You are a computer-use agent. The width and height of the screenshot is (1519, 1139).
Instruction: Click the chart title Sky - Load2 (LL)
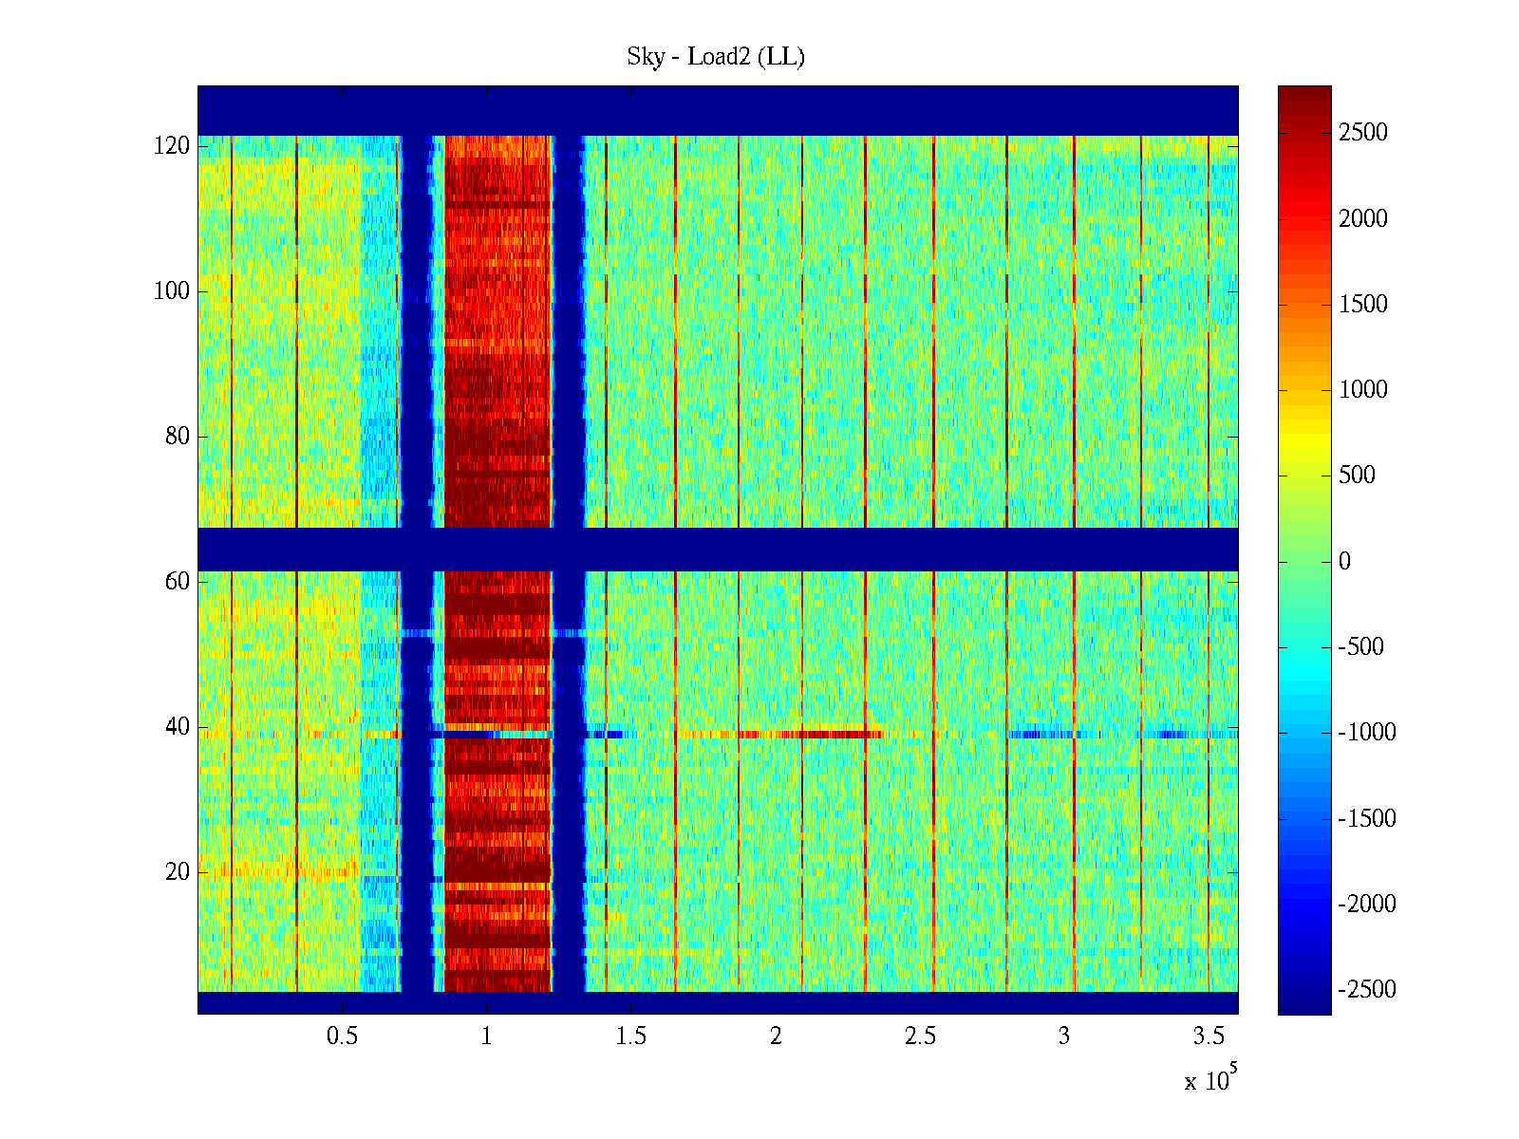click(716, 57)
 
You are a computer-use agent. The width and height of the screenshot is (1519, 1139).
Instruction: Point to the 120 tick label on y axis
click(172, 146)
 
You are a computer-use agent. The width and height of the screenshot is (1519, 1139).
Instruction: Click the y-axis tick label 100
click(172, 291)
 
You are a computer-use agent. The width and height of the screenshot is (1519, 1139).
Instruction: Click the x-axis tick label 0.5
click(342, 1036)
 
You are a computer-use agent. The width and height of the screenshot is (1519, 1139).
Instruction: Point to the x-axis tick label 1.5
click(630, 1036)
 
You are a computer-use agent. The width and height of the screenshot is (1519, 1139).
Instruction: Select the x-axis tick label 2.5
click(920, 1036)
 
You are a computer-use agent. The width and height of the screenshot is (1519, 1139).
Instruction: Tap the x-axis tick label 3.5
click(1209, 1036)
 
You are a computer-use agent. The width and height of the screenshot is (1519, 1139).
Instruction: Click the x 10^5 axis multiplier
click(1210, 1079)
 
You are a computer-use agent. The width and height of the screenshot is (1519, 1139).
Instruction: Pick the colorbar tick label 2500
click(1363, 133)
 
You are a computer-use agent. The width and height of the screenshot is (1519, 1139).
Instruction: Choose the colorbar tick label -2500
click(1367, 990)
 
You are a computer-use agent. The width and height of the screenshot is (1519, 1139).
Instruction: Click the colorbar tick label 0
click(1344, 562)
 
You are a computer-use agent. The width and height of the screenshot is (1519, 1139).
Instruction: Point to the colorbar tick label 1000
click(1363, 390)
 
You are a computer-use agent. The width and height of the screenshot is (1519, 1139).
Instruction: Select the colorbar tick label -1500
click(1367, 818)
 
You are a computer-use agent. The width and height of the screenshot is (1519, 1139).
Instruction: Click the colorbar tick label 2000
click(1363, 219)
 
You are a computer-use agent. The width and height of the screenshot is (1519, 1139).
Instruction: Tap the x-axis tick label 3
click(1064, 1036)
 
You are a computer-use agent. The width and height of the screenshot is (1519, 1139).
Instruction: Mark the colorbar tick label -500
click(1361, 647)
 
